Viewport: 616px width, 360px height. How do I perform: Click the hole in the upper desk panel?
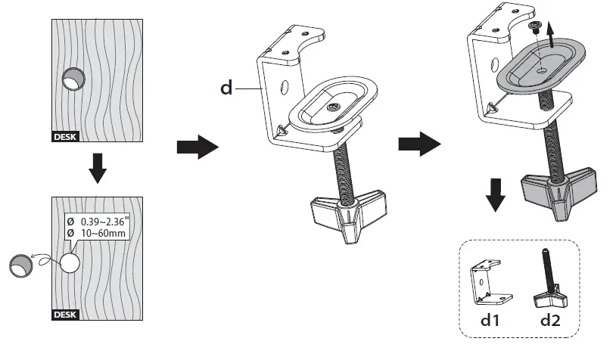coord(73,79)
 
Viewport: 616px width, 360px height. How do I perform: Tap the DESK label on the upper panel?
coord(66,138)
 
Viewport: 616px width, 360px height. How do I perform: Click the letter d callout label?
coord(226,88)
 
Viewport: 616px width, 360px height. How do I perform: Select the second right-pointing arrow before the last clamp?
coord(419,143)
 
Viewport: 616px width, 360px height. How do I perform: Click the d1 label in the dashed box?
coord(490,320)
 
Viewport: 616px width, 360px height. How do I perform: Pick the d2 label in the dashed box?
coord(550,320)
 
